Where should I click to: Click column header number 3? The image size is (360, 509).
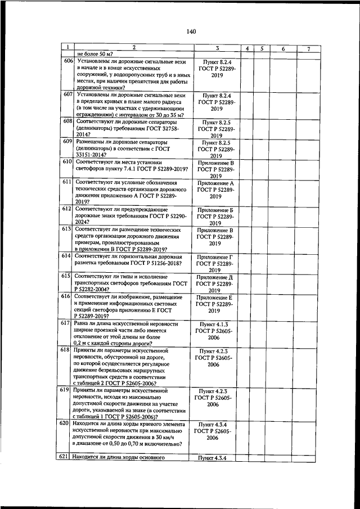pyautogui.click(x=217, y=49)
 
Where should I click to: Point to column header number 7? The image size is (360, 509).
pyautogui.click(x=309, y=49)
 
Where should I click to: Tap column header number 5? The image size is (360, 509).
pyautogui.click(x=262, y=49)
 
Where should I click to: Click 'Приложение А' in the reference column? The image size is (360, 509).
pyautogui.click(x=216, y=183)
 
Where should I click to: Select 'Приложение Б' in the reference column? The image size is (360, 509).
pyautogui.click(x=216, y=209)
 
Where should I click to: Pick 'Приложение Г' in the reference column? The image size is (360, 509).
pyautogui.click(x=216, y=256)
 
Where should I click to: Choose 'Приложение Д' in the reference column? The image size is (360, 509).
pyautogui.click(x=216, y=277)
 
